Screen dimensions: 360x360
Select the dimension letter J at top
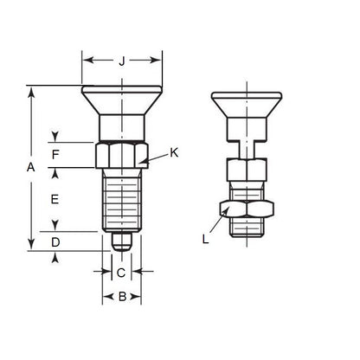click(122, 61)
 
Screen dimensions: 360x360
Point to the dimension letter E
click(55, 199)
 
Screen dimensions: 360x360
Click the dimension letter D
click(55, 242)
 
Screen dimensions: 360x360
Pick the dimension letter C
click(122, 273)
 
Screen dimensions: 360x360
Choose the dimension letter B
click(122, 297)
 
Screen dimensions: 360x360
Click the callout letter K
click(174, 153)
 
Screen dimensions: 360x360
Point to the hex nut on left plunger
click(122, 156)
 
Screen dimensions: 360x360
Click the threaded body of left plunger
click(122, 199)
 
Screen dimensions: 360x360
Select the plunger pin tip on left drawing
click(122, 240)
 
